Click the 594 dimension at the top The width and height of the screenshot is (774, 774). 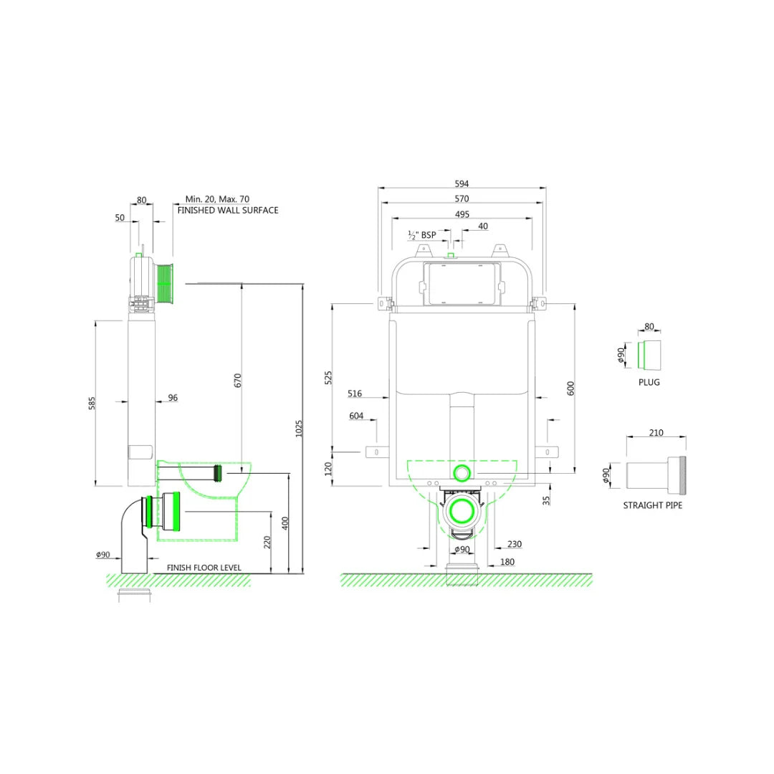(x=462, y=183)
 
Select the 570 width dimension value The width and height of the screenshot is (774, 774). (x=462, y=199)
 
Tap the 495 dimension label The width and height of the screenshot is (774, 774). (x=462, y=214)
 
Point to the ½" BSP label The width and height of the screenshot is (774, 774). (x=422, y=234)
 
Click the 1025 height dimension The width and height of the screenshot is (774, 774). (x=299, y=428)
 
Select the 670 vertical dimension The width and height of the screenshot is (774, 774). (x=238, y=381)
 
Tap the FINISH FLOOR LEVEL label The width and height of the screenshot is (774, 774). (x=204, y=568)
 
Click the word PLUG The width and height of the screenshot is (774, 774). (x=649, y=382)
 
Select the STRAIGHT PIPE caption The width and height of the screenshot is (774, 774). (x=652, y=505)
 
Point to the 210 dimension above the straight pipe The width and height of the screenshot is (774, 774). (x=656, y=432)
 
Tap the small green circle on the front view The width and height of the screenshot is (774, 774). (x=462, y=472)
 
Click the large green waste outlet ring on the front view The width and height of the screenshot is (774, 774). (x=462, y=512)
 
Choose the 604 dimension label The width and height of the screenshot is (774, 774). (x=356, y=416)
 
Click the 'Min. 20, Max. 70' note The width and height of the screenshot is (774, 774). (x=217, y=199)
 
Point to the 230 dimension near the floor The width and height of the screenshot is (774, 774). (x=515, y=544)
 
